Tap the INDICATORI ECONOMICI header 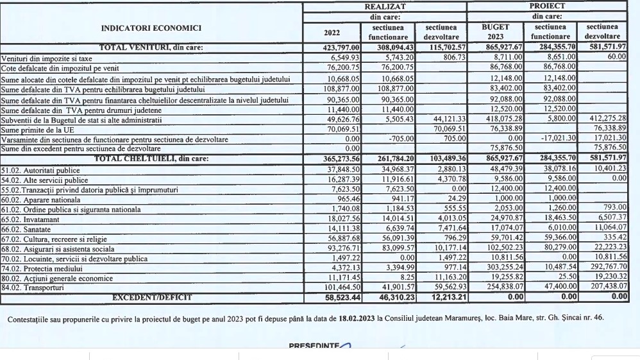pos(151,28)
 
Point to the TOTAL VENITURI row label pos(151,47)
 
